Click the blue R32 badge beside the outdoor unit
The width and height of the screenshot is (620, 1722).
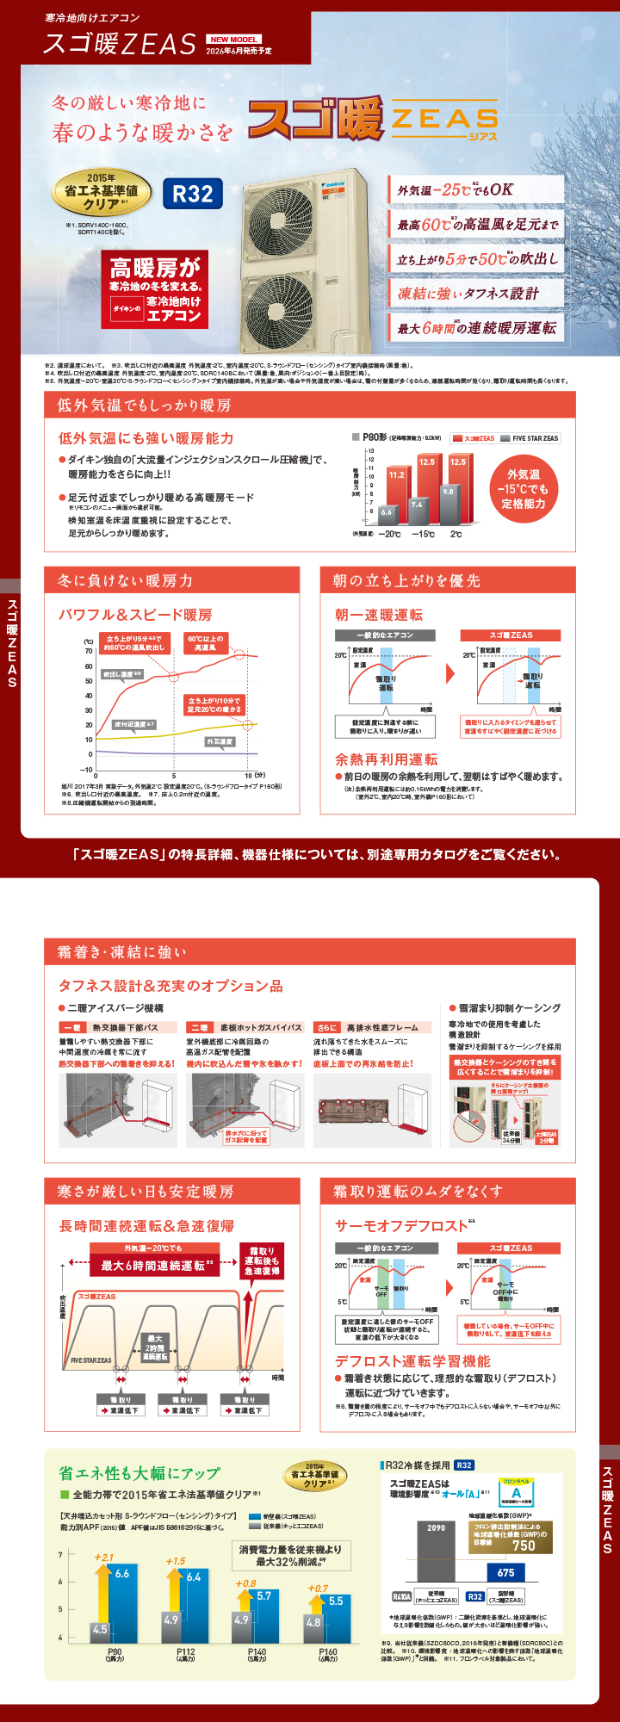pos(193,194)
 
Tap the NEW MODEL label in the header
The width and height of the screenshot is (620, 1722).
pos(234,40)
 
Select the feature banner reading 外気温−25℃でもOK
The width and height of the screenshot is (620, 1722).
pos(476,189)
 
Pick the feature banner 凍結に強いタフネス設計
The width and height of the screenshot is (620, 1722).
pos(476,294)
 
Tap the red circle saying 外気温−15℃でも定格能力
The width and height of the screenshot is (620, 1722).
pos(524,489)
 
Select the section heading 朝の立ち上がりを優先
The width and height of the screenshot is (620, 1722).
pos(406,580)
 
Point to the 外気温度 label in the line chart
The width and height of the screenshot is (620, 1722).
pos(220,741)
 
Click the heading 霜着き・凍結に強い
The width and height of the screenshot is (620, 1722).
pos(121,951)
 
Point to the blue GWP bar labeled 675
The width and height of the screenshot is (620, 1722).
pos(505,1572)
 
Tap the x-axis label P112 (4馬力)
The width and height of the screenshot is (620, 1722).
pos(185,1655)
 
